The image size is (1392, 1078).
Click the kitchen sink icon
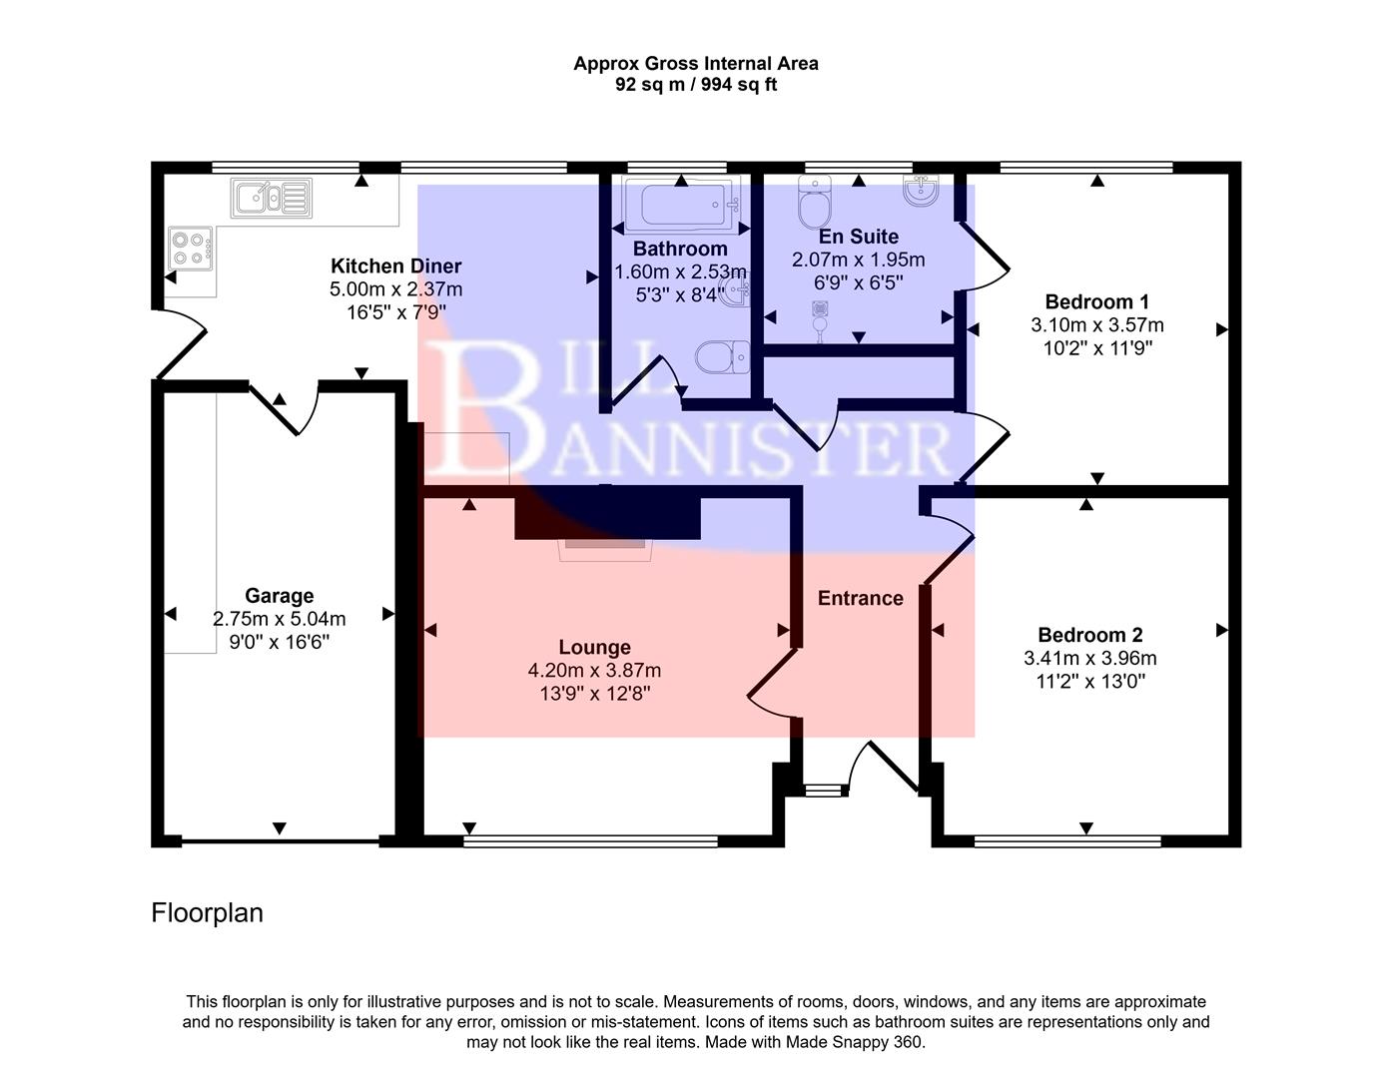(x=271, y=198)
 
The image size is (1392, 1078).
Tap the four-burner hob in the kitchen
(x=190, y=249)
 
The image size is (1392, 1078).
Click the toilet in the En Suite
(x=815, y=203)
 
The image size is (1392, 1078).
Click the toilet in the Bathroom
(x=722, y=356)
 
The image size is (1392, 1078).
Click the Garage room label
(x=279, y=596)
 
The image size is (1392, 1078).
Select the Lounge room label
(x=594, y=647)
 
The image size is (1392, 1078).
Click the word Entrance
(x=860, y=598)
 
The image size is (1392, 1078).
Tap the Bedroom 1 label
(x=1096, y=301)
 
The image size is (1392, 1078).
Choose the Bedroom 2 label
(x=1089, y=635)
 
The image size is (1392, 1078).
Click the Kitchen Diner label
(x=395, y=266)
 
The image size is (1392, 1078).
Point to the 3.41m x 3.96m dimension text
(x=1089, y=659)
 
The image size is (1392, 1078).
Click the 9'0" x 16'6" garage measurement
(x=279, y=642)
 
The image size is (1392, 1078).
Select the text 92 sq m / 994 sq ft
(x=695, y=85)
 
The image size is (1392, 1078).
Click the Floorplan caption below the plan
(x=207, y=913)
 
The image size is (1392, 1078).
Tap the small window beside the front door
(x=824, y=791)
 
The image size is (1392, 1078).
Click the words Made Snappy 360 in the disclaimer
(x=855, y=1042)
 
